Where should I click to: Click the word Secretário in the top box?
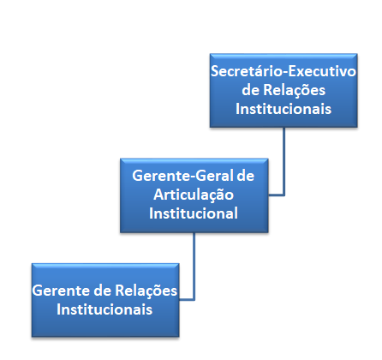pyautogui.click(x=246, y=71)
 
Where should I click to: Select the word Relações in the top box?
pyautogui.click(x=294, y=91)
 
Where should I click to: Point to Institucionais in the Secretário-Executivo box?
pyautogui.click(x=284, y=109)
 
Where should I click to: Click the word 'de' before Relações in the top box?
pyautogui.click(x=250, y=90)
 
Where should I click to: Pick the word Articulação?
pyautogui.click(x=194, y=195)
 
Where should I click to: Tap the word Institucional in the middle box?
pyautogui.click(x=194, y=213)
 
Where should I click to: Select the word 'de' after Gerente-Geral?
pyautogui.click(x=245, y=176)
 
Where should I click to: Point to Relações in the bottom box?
pyautogui.click(x=146, y=291)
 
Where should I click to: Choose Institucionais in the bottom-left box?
pyautogui.click(x=104, y=309)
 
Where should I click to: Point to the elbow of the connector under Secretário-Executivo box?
pyautogui.click(x=284, y=195)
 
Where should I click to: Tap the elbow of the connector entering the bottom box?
pyautogui.click(x=194, y=299)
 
